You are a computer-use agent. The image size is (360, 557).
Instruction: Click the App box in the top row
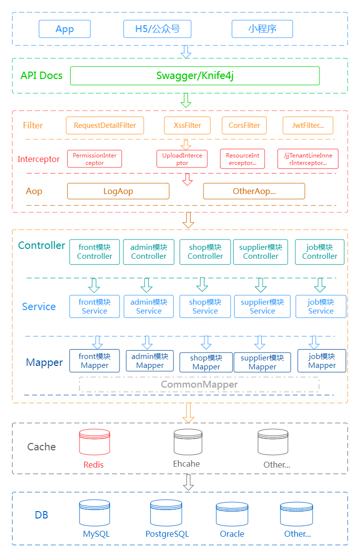(65, 29)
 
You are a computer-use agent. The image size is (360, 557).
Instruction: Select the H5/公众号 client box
(157, 29)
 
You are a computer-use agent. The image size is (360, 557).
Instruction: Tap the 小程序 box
(262, 29)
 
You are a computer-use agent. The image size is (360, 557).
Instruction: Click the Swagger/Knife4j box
(195, 76)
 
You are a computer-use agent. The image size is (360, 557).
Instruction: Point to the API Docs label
(41, 76)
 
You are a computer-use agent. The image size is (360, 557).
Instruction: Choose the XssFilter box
(187, 125)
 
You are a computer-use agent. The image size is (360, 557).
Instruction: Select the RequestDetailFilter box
(105, 125)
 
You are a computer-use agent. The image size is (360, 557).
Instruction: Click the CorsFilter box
(244, 125)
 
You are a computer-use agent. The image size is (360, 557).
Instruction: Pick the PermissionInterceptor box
(94, 159)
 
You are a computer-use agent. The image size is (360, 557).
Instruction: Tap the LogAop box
(118, 191)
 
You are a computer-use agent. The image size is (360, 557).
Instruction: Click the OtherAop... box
(254, 191)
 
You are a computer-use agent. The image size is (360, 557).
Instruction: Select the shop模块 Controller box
(205, 252)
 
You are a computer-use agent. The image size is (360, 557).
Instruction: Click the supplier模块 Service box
(262, 306)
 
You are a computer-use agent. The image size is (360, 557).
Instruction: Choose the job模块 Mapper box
(321, 360)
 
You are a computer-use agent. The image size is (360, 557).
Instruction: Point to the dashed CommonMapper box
(199, 384)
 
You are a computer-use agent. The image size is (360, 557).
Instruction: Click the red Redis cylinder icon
(94, 442)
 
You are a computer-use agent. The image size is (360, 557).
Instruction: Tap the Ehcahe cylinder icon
(188, 442)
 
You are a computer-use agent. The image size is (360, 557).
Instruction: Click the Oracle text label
(232, 534)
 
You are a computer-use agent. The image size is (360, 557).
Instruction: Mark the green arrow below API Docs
(186, 100)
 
